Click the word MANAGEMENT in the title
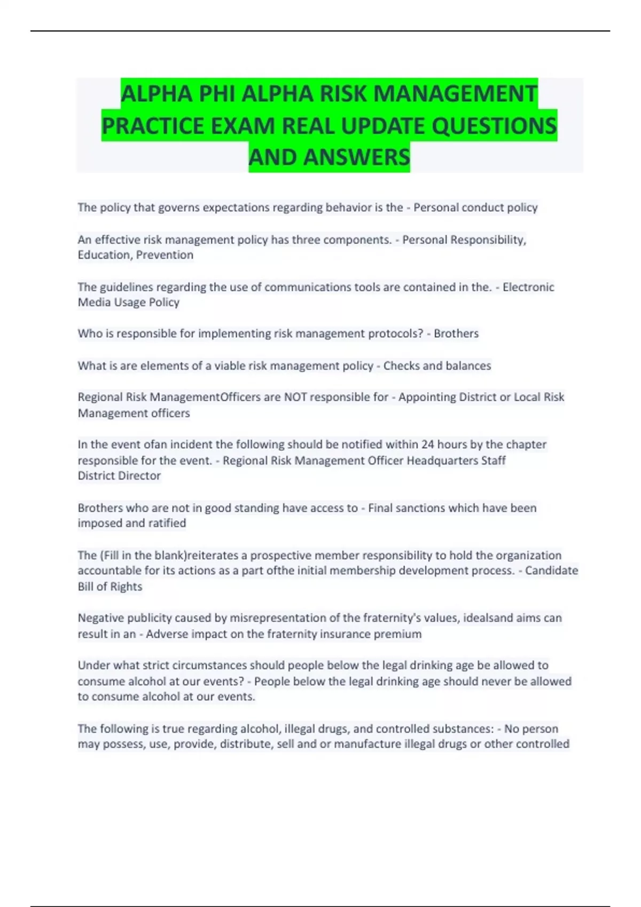(x=455, y=94)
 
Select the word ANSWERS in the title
(x=357, y=157)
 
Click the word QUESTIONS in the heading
(x=494, y=126)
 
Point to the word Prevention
(x=165, y=255)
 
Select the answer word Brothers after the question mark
(x=456, y=333)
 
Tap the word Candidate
(x=551, y=571)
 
